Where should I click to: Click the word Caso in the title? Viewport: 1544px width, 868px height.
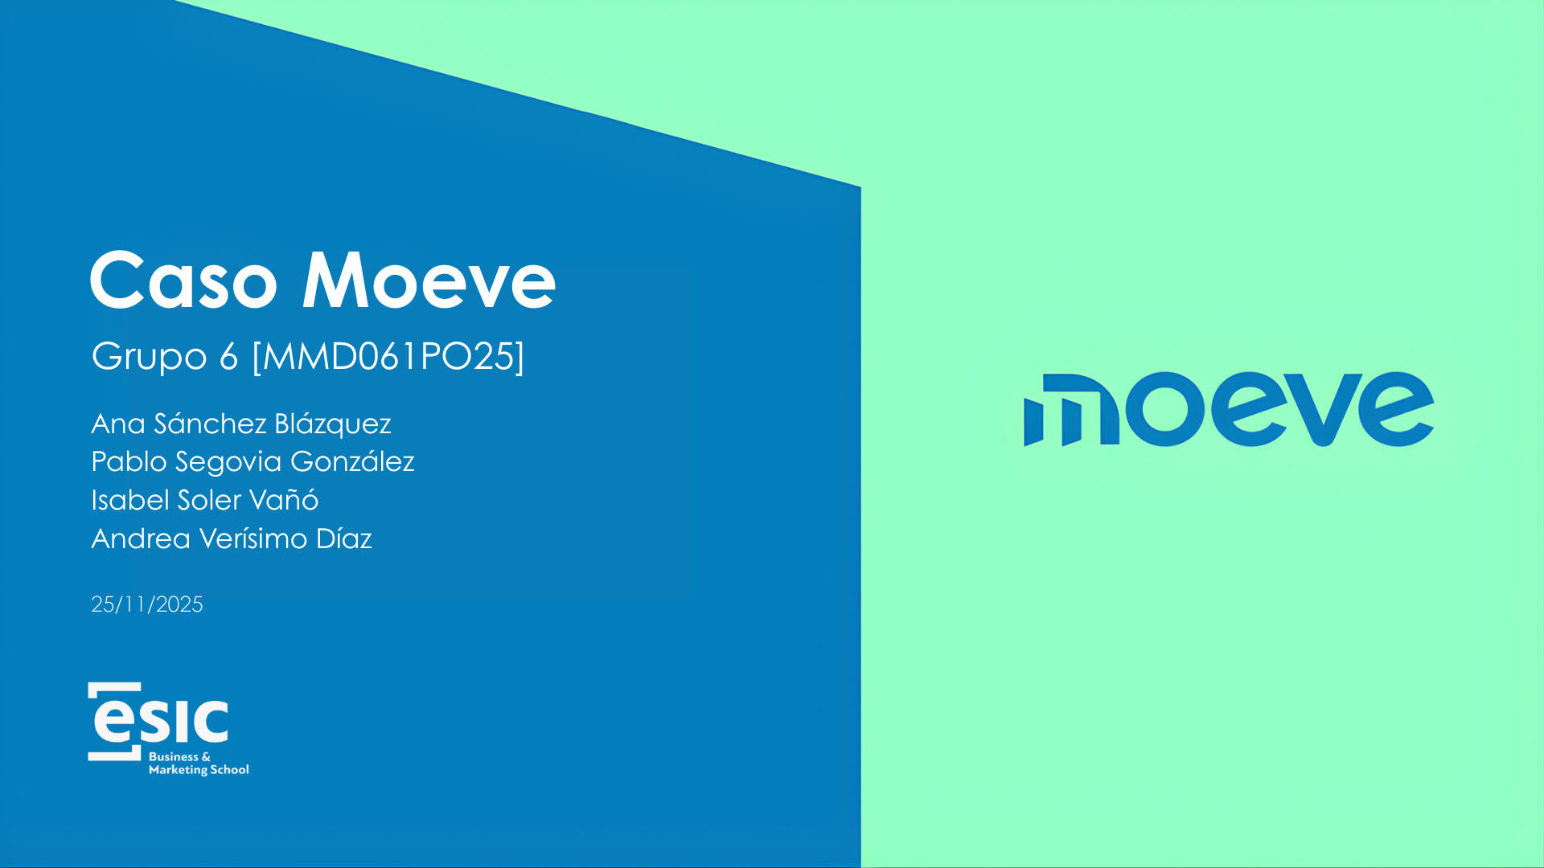tap(184, 280)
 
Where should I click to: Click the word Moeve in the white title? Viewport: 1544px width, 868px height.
tap(429, 280)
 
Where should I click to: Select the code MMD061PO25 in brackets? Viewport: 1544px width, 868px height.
tap(388, 356)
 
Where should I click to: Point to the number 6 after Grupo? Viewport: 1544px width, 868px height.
tap(229, 356)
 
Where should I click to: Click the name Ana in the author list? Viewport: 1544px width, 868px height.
tap(117, 424)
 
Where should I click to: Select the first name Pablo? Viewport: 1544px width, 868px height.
tap(129, 461)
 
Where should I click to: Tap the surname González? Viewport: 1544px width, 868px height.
tap(352, 461)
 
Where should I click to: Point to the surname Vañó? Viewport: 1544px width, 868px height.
tap(284, 499)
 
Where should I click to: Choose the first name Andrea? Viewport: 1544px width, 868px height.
tap(141, 538)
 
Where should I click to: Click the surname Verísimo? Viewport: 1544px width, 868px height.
tap(253, 538)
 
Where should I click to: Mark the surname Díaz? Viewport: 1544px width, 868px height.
tap(344, 538)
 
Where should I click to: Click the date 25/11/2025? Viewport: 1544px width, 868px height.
tap(147, 604)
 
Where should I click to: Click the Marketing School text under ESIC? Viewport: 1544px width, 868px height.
tap(199, 770)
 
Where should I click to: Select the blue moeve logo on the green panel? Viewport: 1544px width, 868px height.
tap(1229, 409)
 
